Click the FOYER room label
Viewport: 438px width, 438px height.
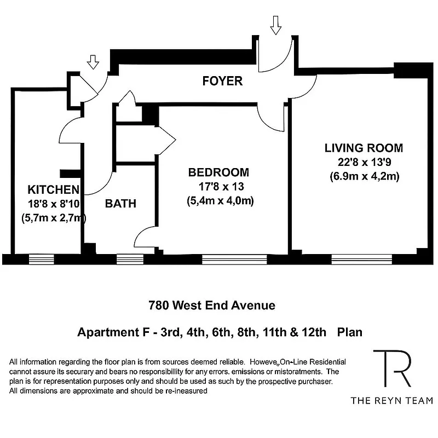tap(222, 82)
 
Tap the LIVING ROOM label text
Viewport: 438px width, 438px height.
tap(364, 148)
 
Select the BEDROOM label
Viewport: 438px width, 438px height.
tap(218, 172)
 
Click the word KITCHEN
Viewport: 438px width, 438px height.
tap(53, 190)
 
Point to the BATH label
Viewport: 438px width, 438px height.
tap(120, 204)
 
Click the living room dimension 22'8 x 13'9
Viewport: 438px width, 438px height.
tap(364, 162)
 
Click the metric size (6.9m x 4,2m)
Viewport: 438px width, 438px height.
tap(364, 176)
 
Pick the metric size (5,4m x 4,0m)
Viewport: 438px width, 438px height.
tap(220, 201)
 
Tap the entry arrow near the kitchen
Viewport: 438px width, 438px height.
tap(93, 62)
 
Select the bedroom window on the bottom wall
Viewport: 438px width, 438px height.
tap(234, 259)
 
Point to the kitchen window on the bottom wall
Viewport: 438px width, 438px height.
tap(41, 259)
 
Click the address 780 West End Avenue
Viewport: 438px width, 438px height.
tap(211, 305)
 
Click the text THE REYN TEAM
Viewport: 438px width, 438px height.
tap(391, 400)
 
